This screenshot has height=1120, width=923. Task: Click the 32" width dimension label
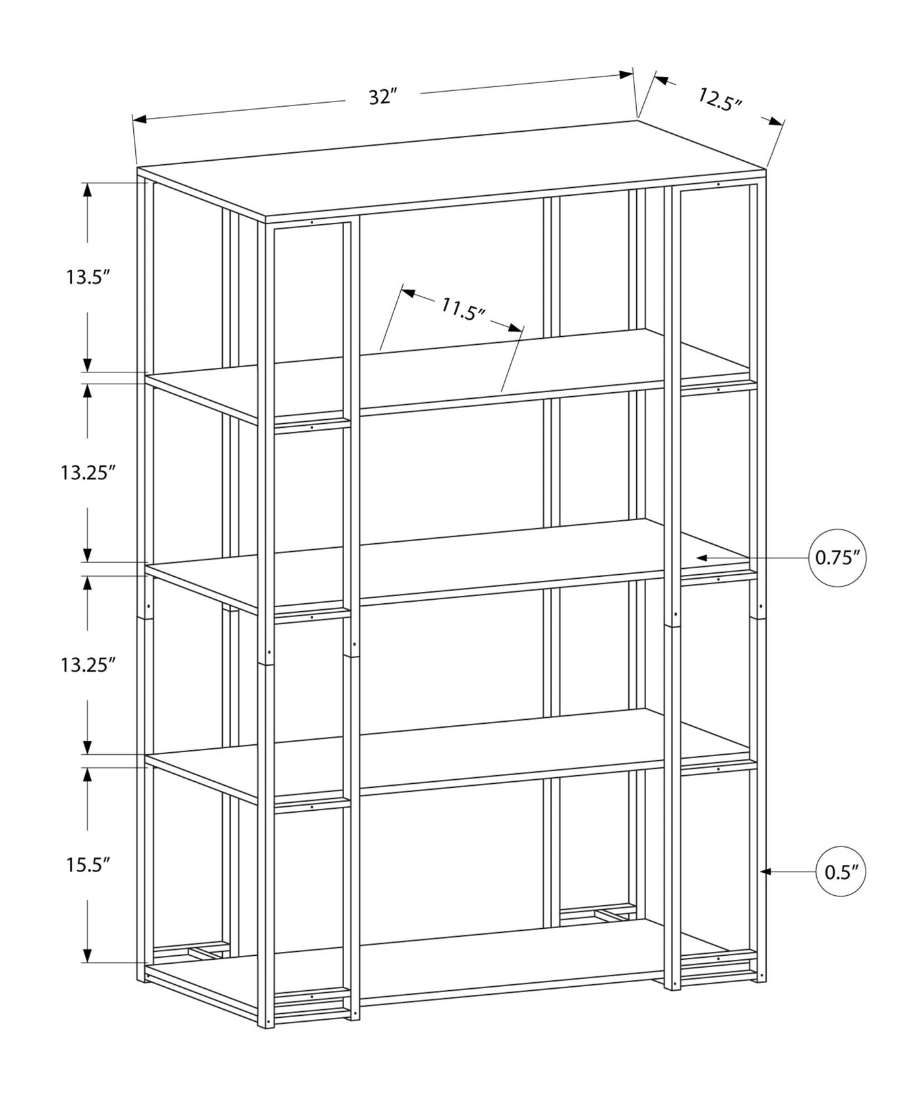tap(382, 97)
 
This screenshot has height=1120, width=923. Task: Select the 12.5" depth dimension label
tap(720, 100)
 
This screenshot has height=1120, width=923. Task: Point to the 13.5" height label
tap(86, 277)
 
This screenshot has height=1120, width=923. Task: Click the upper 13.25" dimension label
tap(88, 473)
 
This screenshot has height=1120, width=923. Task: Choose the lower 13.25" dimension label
tap(88, 664)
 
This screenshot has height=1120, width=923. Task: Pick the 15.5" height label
tap(86, 865)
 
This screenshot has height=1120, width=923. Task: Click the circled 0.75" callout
tap(837, 558)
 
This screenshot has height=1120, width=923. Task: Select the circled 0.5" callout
tap(841, 872)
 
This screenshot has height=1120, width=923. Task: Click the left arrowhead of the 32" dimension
tap(140, 119)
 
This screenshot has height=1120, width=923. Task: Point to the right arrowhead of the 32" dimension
tap(626, 74)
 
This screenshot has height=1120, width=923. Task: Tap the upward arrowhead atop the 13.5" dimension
tap(87, 189)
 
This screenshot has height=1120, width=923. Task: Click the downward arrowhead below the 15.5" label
tap(87, 955)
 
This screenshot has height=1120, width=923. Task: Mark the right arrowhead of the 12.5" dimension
tap(777, 122)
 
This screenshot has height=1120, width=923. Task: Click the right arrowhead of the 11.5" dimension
tap(516, 326)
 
